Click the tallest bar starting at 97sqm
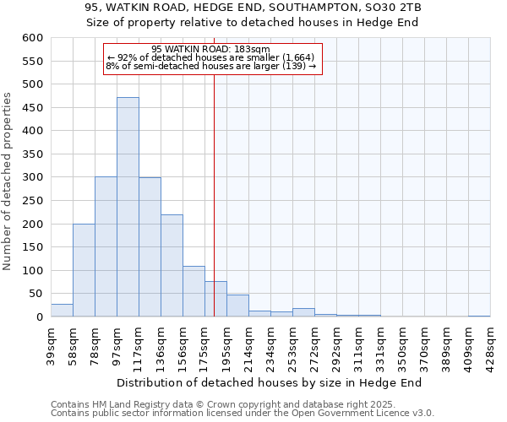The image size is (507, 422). click(x=128, y=207)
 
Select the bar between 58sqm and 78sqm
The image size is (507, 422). click(x=84, y=270)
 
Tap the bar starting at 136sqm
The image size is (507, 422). click(x=172, y=266)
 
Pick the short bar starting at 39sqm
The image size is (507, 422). click(x=62, y=311)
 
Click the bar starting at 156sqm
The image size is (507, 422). click(x=194, y=291)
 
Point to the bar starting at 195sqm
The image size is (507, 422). click(x=237, y=306)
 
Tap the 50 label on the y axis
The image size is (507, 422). click(x=35, y=294)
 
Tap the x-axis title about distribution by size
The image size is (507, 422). click(x=270, y=382)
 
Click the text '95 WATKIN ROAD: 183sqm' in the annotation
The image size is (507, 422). click(x=211, y=49)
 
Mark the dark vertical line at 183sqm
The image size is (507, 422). click(x=214, y=194)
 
